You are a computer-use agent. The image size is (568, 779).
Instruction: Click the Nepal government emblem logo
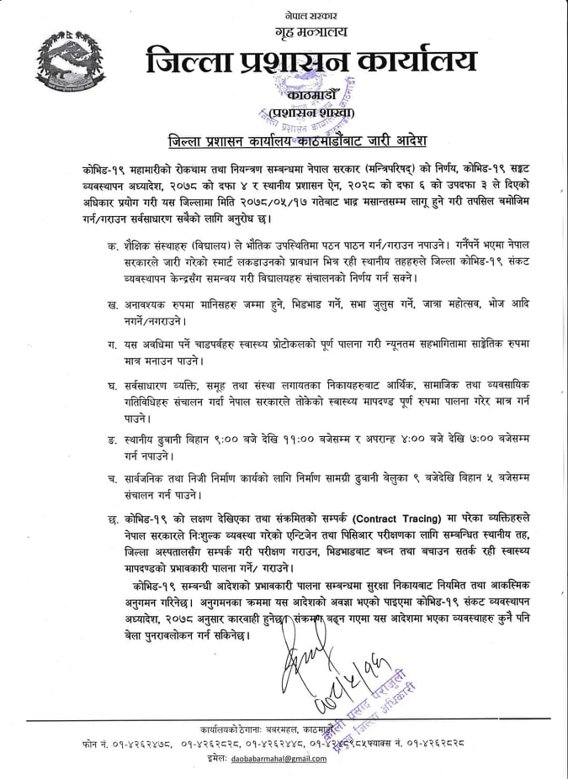tap(71, 67)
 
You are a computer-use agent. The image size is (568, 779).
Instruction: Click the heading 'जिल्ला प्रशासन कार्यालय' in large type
tap(311, 62)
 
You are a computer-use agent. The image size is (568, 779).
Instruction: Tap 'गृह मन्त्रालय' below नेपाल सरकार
tap(310, 32)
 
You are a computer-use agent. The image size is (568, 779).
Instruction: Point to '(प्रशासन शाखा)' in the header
tap(311, 113)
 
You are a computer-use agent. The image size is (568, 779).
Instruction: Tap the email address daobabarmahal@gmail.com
tap(275, 759)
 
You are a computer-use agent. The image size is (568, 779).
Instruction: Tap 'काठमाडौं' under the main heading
tap(311, 95)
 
